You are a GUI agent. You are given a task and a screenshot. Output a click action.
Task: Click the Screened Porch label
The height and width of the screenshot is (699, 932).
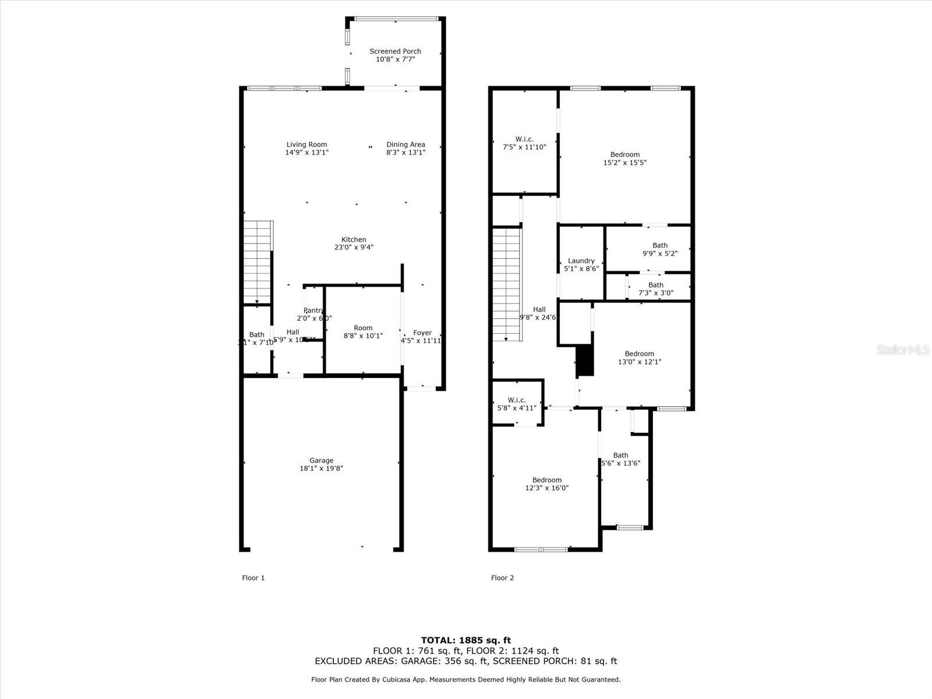click(395, 51)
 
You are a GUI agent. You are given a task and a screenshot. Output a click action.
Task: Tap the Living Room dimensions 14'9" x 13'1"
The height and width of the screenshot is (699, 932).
click(306, 153)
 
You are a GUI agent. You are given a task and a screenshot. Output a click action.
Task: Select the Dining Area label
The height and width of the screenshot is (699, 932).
click(405, 144)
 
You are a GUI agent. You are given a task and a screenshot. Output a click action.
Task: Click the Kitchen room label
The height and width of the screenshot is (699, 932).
click(354, 239)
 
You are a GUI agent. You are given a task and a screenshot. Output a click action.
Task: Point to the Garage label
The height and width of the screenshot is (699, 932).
click(321, 460)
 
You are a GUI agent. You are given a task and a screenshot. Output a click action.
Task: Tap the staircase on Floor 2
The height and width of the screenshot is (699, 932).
click(506, 284)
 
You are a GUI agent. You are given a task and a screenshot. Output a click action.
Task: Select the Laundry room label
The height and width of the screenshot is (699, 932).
click(581, 261)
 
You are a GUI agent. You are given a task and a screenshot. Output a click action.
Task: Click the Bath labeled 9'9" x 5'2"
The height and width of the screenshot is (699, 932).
click(659, 245)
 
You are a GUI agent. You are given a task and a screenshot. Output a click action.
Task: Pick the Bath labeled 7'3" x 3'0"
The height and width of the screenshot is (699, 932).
click(655, 285)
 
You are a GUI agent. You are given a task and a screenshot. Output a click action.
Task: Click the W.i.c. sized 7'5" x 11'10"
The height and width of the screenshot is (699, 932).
click(524, 139)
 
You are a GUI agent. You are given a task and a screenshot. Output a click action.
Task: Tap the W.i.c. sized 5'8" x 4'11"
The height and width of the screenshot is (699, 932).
click(516, 400)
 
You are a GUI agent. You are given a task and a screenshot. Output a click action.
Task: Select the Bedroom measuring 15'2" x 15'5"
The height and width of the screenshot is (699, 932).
click(624, 154)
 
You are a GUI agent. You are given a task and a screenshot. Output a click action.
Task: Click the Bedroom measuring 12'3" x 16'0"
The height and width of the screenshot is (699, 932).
click(546, 480)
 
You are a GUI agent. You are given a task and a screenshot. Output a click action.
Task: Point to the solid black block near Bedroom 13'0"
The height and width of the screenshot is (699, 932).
click(584, 361)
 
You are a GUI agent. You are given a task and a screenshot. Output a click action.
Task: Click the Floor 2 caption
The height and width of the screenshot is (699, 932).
click(502, 578)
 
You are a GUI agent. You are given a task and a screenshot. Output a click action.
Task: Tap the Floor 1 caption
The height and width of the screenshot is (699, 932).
click(253, 578)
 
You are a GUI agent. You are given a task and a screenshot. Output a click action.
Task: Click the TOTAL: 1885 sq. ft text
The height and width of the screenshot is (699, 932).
click(465, 640)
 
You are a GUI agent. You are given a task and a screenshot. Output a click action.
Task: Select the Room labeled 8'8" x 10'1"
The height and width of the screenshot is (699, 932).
click(362, 328)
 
